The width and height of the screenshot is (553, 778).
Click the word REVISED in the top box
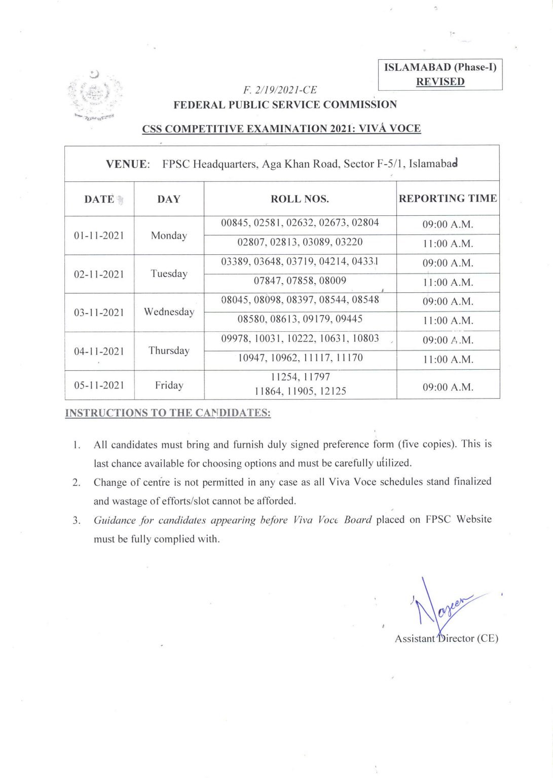(x=440, y=82)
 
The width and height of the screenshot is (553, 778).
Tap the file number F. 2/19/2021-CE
(x=280, y=90)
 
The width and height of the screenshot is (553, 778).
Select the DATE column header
(x=99, y=199)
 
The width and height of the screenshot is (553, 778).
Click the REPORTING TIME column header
(x=448, y=199)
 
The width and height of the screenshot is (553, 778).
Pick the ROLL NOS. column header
(x=300, y=199)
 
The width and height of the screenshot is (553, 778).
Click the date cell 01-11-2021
(x=99, y=236)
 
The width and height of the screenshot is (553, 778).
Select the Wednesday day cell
(x=169, y=312)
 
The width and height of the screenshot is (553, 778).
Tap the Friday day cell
(x=169, y=385)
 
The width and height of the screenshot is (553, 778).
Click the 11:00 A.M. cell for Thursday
(x=448, y=360)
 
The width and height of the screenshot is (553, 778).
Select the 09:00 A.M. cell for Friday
(x=448, y=387)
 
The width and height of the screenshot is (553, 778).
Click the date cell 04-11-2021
(x=99, y=352)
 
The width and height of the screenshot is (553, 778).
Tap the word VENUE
(x=127, y=164)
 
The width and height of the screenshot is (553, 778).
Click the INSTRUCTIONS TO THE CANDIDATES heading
(x=168, y=413)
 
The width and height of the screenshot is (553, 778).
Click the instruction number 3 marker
(x=77, y=520)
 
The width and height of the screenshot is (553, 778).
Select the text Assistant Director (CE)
(x=446, y=639)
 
